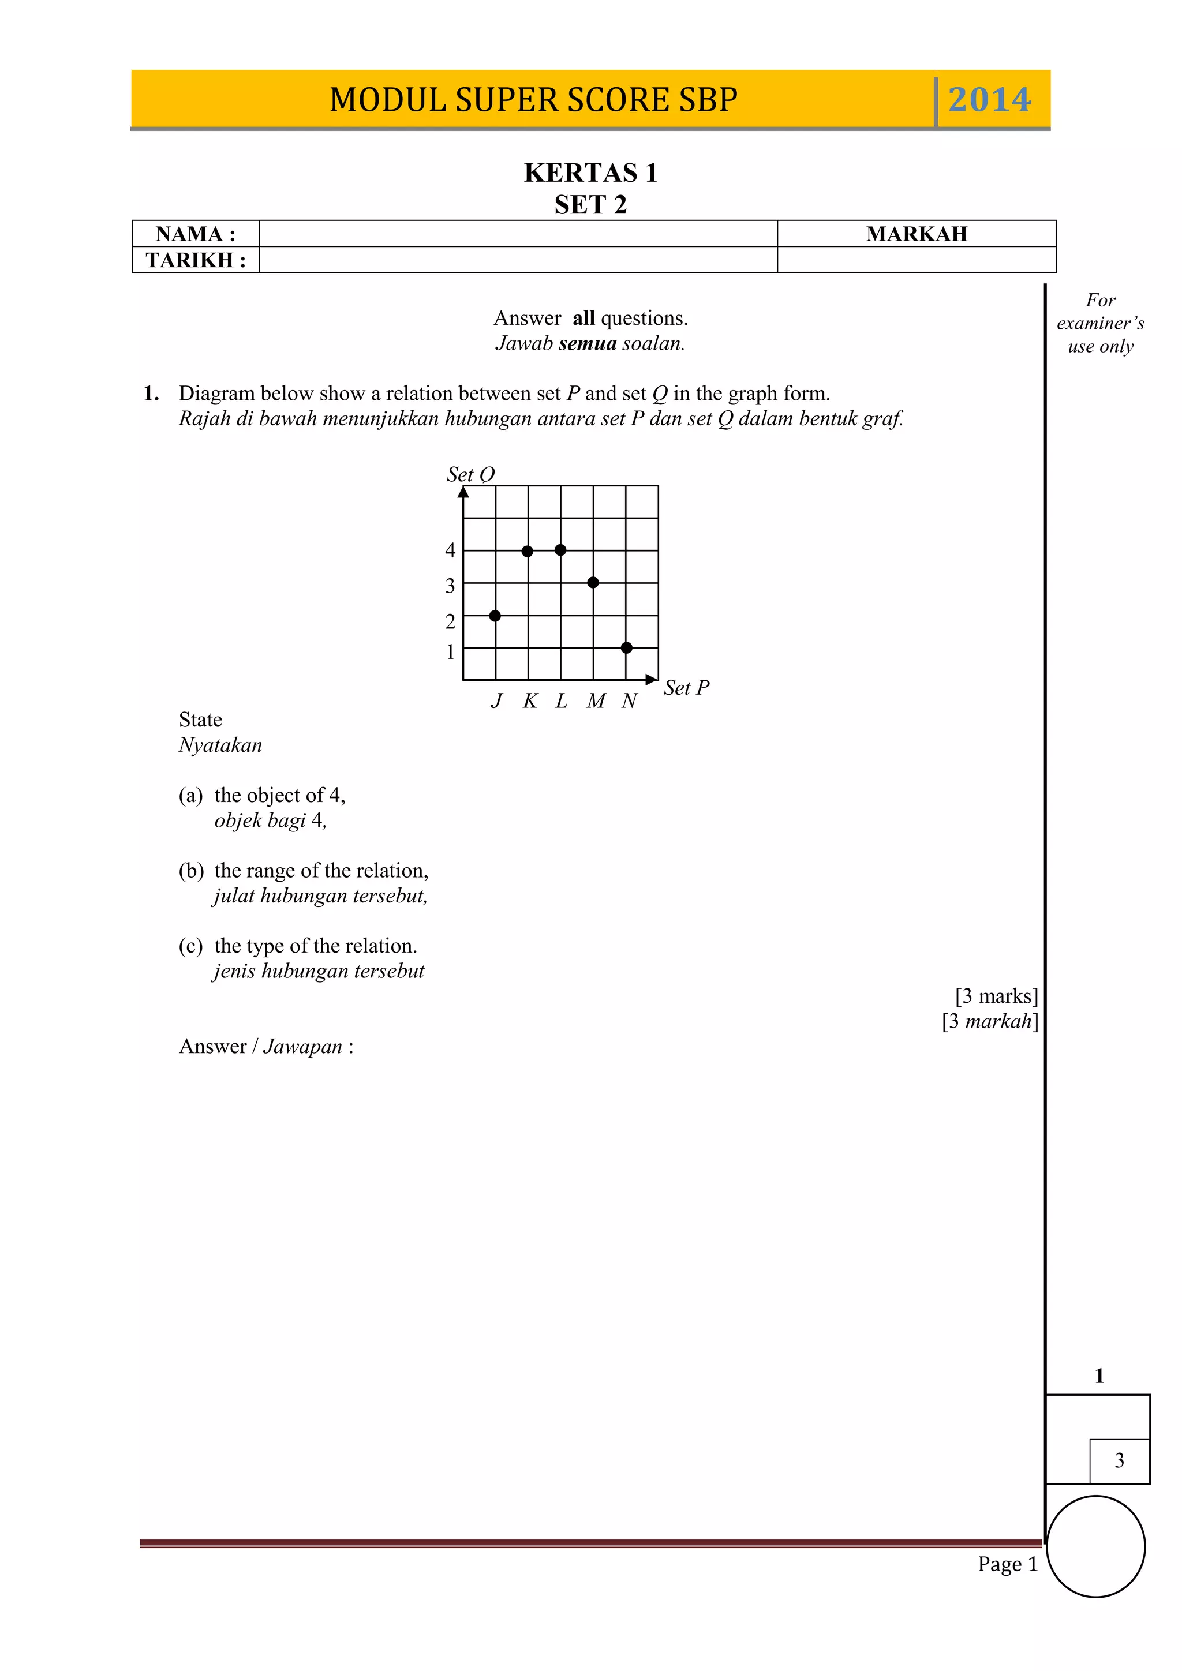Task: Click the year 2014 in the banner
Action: (x=989, y=100)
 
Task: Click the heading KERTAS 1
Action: (x=590, y=173)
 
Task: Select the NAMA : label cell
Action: (x=195, y=234)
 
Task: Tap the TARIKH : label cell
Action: (x=195, y=260)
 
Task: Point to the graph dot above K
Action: (x=528, y=551)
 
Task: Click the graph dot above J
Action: (x=495, y=616)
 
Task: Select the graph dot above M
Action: (x=593, y=582)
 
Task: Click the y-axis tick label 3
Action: (x=450, y=586)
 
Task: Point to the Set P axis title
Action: (x=686, y=688)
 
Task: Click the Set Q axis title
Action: (x=470, y=474)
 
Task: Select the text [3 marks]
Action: (x=996, y=995)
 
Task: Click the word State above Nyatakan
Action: (x=200, y=720)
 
